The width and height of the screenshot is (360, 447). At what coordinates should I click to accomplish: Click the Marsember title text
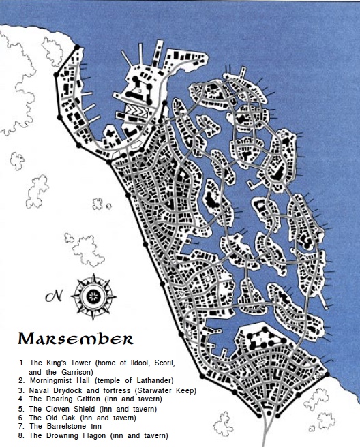76,339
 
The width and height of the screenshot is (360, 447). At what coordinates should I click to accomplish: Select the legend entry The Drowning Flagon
69,435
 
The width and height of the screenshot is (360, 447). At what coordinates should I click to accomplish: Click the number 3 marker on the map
140,89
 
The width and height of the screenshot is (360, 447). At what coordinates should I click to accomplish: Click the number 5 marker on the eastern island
282,136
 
